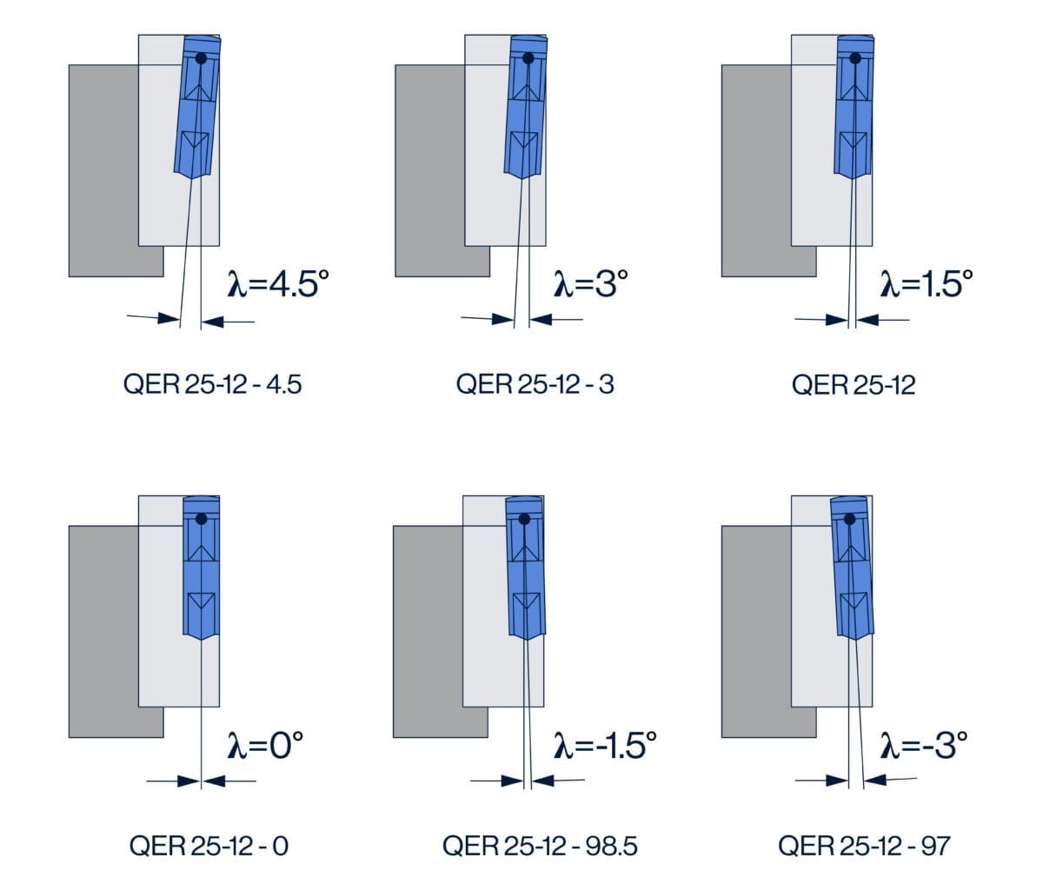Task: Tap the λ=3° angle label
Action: pos(591,283)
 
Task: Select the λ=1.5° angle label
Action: pos(927,283)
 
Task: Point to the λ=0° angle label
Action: pos(266,745)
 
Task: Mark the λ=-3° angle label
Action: pos(924,745)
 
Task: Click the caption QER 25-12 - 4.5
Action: pos(213,384)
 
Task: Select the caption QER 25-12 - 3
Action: pos(535,384)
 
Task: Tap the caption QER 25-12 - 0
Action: pos(209,845)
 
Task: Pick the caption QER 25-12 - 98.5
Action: pos(540,845)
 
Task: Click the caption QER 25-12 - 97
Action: pos(864,845)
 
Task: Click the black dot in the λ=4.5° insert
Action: pos(202,59)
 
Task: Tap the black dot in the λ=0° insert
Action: pos(202,519)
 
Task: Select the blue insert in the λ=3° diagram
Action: pos(525,109)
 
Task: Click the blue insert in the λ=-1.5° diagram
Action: pos(526,569)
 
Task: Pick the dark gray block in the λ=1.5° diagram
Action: pos(756,169)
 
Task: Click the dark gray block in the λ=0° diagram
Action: pos(103,630)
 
